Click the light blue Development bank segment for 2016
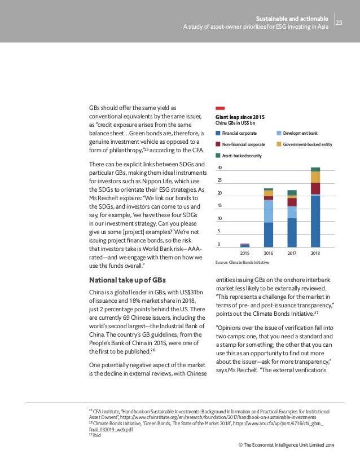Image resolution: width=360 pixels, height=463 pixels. pyautogui.click(x=269, y=211)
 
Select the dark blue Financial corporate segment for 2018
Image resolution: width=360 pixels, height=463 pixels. pyautogui.click(x=315, y=221)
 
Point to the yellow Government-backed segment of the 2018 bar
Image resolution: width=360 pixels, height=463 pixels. pyautogui.click(x=315, y=177)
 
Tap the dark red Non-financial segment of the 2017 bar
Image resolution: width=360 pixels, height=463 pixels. pyautogui.click(x=292, y=202)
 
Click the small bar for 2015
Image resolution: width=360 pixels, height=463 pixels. pyautogui.click(x=245, y=245)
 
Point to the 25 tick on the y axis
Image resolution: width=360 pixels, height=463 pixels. pyautogui.click(x=219, y=180)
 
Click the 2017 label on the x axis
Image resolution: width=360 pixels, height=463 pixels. pyautogui.click(x=292, y=254)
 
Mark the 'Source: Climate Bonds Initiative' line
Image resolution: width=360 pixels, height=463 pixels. pyautogui.click(x=242, y=263)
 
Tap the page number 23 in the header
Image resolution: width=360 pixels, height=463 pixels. pyautogui.click(x=339, y=23)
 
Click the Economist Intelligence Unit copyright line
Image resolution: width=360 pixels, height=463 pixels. pyautogui.click(x=287, y=446)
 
